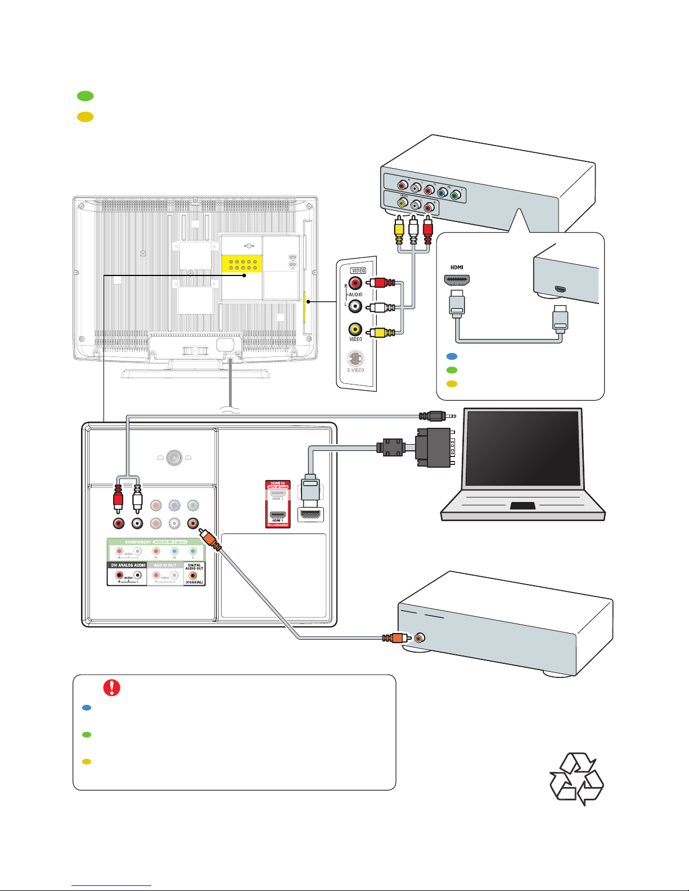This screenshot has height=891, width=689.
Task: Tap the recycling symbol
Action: (x=577, y=779)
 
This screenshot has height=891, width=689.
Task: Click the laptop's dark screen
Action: (x=523, y=448)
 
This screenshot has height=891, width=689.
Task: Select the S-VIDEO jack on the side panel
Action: (x=355, y=358)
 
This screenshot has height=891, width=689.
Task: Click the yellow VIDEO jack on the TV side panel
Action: (x=355, y=329)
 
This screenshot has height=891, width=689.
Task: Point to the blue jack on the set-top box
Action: (x=442, y=193)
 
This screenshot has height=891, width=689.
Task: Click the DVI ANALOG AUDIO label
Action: (x=127, y=565)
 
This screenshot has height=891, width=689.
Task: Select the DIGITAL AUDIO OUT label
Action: (x=194, y=567)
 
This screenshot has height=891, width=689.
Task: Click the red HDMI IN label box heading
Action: (x=278, y=483)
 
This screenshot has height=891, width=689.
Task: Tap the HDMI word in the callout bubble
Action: (x=457, y=268)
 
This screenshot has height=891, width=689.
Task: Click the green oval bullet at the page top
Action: (x=85, y=96)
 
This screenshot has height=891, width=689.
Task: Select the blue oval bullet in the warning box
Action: (x=87, y=708)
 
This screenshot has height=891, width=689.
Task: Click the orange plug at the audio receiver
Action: (x=396, y=638)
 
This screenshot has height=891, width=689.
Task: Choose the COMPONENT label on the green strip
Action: (x=138, y=542)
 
